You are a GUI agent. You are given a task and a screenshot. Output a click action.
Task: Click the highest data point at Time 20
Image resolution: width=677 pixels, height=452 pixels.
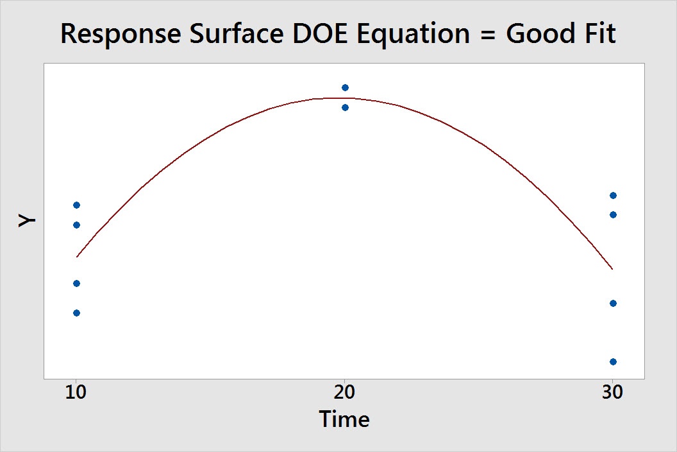coord(345,88)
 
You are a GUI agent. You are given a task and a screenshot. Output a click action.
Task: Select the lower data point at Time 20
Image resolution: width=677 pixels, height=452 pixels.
coord(345,107)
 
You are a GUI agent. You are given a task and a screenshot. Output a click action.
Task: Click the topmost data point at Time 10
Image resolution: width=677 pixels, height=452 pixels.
coord(76,205)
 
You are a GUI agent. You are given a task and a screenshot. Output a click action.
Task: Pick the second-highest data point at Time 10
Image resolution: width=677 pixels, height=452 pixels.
coord(76,225)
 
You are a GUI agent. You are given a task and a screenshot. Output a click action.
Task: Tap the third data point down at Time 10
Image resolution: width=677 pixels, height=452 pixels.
coord(76,284)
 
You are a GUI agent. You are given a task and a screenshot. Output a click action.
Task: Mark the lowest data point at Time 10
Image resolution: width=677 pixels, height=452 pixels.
coord(76,313)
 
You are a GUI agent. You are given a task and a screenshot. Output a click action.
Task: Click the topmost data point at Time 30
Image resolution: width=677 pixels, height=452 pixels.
coord(613,196)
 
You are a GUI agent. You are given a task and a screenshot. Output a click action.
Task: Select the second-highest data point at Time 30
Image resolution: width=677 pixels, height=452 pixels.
coord(613,215)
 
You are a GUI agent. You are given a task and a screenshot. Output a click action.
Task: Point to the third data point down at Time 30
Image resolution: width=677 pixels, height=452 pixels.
coord(613,304)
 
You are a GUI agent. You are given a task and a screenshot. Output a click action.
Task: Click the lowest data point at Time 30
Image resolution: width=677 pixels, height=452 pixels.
coord(613,361)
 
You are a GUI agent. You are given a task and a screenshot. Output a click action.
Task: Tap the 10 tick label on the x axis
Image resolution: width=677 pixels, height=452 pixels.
coord(76,392)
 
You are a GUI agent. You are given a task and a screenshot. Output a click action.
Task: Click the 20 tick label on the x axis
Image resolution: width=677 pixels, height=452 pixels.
coord(344,392)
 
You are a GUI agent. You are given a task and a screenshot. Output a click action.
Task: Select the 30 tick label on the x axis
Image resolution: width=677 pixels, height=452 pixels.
coord(613,392)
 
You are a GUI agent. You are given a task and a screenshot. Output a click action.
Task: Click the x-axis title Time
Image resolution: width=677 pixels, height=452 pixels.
coord(344,419)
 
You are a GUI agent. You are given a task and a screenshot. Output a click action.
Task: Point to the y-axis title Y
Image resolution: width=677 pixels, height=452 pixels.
coord(27,221)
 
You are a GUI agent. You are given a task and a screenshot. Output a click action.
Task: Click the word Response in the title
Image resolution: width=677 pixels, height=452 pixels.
coord(121,34)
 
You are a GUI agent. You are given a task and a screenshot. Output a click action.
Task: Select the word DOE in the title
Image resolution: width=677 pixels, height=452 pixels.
coord(321,33)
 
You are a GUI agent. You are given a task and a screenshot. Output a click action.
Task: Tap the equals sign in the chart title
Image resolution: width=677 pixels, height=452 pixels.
coord(487,35)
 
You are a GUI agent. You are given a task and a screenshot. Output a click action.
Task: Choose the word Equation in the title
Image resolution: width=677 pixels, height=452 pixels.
coord(414,34)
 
